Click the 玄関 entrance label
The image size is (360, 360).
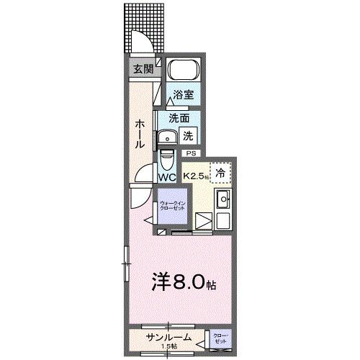(143, 69)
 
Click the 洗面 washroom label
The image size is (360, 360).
(179, 118)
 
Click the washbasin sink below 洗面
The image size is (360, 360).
(168, 137)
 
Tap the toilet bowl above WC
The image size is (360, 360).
(167, 158)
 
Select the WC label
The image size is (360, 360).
(167, 176)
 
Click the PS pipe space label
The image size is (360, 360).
(191, 153)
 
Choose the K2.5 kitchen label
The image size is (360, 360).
(195, 175)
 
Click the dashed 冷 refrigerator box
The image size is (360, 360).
(222, 173)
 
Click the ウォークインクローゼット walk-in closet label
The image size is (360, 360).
(172, 207)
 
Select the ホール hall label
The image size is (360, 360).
(138, 133)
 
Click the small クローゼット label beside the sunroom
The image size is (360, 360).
(220, 338)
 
